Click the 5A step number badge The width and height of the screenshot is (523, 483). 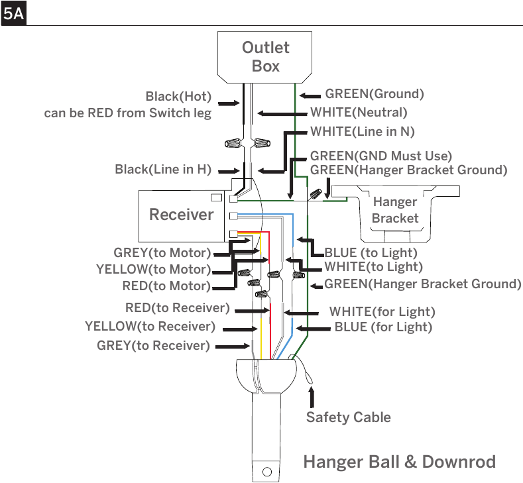[x=13, y=14]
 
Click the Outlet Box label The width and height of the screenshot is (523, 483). [x=266, y=57]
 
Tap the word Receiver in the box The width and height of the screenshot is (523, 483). [x=181, y=214]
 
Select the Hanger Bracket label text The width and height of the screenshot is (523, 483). [x=395, y=210]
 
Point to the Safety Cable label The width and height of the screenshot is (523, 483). [x=349, y=417]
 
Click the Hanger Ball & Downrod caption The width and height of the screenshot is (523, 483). [x=400, y=462]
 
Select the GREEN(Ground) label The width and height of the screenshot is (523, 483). [x=375, y=93]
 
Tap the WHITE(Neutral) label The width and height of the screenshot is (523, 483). [x=359, y=113]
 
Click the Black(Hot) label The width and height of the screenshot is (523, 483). [x=178, y=96]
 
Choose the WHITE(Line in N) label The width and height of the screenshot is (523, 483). [x=363, y=131]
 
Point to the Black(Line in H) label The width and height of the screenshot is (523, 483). [x=163, y=169]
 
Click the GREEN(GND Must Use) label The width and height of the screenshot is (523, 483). [x=381, y=156]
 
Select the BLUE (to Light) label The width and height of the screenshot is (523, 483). [x=371, y=252]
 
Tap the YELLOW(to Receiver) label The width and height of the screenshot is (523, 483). [x=150, y=327]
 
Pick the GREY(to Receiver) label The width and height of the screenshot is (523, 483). [x=153, y=345]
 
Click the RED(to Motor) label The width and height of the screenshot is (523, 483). [x=166, y=286]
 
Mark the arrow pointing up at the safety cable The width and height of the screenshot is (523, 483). [x=311, y=397]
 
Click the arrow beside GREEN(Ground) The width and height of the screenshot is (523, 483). [x=310, y=96]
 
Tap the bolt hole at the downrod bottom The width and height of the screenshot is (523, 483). [x=267, y=472]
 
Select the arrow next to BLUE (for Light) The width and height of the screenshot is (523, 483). [x=313, y=329]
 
